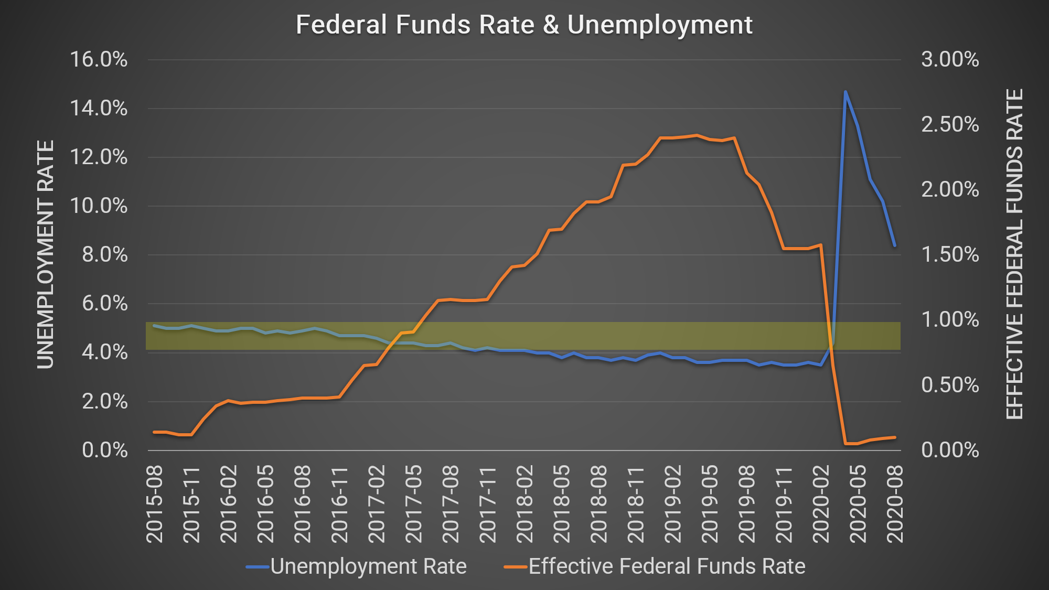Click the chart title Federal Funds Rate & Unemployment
pyautogui.click(x=524, y=25)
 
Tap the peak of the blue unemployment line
pyautogui.click(x=845, y=92)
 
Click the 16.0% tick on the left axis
pyautogui.click(x=99, y=60)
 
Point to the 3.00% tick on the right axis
pyautogui.click(x=950, y=60)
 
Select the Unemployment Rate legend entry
pyautogui.click(x=357, y=566)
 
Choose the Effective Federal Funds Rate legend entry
pyautogui.click(x=655, y=566)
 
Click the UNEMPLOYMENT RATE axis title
pyautogui.click(x=46, y=255)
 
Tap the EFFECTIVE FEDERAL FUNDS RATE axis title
pyautogui.click(x=1014, y=255)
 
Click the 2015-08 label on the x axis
pyautogui.click(x=155, y=504)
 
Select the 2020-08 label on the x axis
pyautogui.click(x=895, y=504)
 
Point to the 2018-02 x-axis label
pyautogui.click(x=524, y=504)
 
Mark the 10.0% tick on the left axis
pyautogui.click(x=99, y=206)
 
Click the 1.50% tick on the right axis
pyautogui.click(x=950, y=255)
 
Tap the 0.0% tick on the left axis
pyautogui.click(x=104, y=450)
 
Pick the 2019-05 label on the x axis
pyautogui.click(x=710, y=504)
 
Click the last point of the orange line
pyautogui.click(x=895, y=437)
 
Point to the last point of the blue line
pyautogui.click(x=895, y=245)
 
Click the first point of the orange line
pyautogui.click(x=154, y=432)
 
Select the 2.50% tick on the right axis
pyautogui.click(x=950, y=125)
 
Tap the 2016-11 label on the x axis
pyautogui.click(x=340, y=504)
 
